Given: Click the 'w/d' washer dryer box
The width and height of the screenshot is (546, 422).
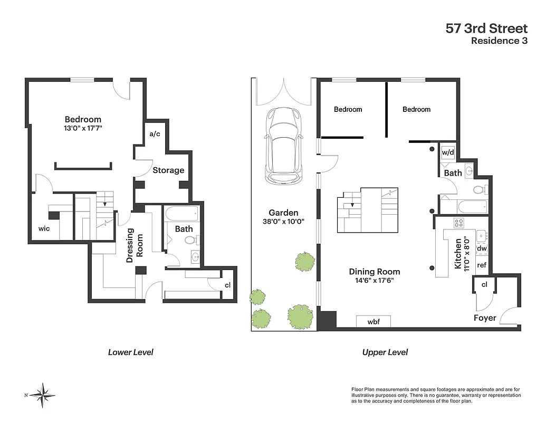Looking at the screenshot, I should [x=447, y=152].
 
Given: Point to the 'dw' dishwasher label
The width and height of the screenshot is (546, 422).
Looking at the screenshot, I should [x=481, y=248].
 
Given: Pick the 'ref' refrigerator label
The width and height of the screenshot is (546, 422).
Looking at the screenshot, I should [x=481, y=265].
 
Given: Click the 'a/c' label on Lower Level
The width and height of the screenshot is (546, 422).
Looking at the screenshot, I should [x=155, y=134].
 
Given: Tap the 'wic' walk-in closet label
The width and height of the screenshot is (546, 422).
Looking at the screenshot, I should [x=44, y=228].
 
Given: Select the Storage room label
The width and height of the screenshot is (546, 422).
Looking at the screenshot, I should [x=168, y=170].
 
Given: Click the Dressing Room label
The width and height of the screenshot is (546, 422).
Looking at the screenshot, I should [x=136, y=242].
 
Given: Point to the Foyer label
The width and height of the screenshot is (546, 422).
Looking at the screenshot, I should [x=484, y=318].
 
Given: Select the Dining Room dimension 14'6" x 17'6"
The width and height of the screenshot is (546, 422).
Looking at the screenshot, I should [x=374, y=281].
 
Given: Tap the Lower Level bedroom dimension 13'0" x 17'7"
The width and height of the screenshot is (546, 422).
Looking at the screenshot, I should [x=83, y=128].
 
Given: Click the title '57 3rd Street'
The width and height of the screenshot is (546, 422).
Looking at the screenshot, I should [x=486, y=28].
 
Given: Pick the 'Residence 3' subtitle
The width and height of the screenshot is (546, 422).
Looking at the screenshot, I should [x=499, y=42].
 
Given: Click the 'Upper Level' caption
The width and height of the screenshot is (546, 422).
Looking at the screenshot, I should [x=385, y=352].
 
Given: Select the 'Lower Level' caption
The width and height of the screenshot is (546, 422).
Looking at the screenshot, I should [x=130, y=352].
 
